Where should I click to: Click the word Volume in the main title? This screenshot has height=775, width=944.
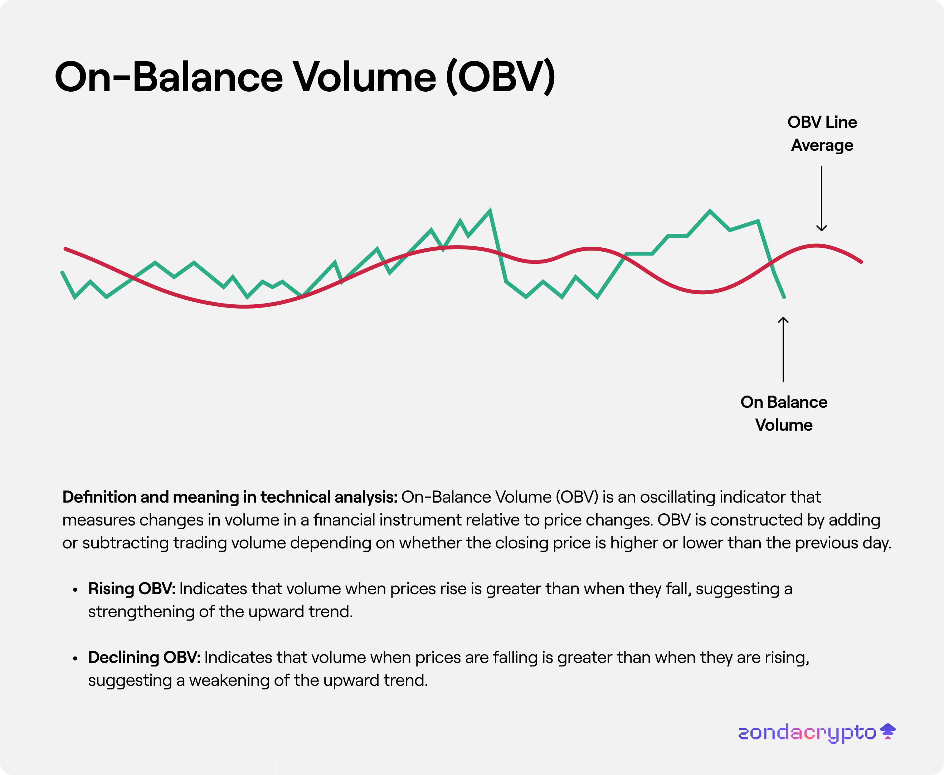[x=364, y=77]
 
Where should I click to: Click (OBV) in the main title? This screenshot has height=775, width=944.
[x=500, y=77]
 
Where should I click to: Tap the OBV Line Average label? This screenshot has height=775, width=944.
[x=822, y=134]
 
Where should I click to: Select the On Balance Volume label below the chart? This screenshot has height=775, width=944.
[x=784, y=413]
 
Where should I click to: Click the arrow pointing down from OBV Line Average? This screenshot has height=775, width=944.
[x=821, y=199]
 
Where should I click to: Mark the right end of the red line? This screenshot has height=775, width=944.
[x=861, y=262]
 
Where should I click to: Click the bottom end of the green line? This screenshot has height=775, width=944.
[x=784, y=296]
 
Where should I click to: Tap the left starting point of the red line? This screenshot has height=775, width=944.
[x=65, y=249]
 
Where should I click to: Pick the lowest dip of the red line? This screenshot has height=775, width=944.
[x=245, y=307]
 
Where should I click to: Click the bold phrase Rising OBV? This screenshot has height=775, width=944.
[x=132, y=588]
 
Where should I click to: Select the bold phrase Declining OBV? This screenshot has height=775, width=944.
[x=144, y=657]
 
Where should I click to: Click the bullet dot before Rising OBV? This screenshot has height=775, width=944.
[x=75, y=590]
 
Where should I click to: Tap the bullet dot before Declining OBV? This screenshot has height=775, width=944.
[x=75, y=659]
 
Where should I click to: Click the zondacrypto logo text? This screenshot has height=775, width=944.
[x=807, y=733]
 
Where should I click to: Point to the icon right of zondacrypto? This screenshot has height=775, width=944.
[x=888, y=731]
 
